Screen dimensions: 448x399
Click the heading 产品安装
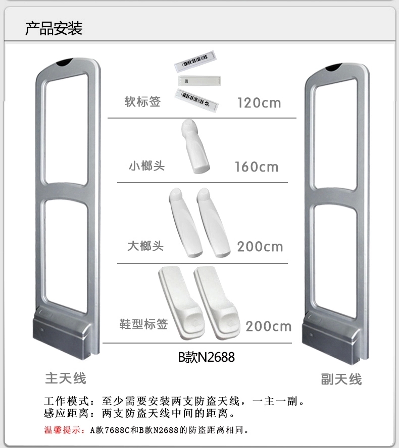[x=54, y=28]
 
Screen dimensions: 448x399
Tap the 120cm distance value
[x=259, y=103]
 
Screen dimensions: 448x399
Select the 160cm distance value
[x=257, y=166]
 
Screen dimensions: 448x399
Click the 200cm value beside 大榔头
[x=260, y=247]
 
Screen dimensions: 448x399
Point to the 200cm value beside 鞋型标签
[x=269, y=326]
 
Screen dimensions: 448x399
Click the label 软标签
[x=143, y=101]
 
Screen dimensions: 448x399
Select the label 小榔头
[x=146, y=165]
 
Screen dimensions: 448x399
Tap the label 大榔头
[x=145, y=246]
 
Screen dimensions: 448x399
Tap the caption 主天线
[x=66, y=378]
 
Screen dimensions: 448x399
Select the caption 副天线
[x=341, y=379]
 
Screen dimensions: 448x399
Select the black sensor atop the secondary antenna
[x=336, y=66]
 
